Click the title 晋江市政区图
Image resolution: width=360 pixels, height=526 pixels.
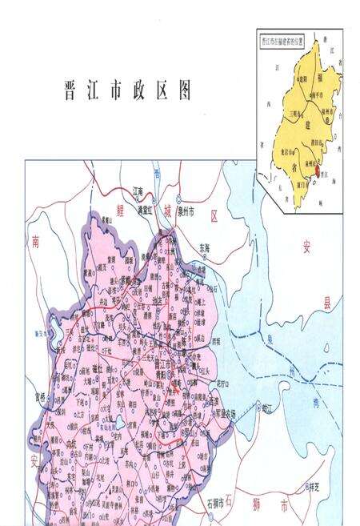click(x=127, y=90)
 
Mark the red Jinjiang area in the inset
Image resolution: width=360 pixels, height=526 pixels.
click(x=318, y=170)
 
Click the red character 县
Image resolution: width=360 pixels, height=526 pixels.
click(x=326, y=303)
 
